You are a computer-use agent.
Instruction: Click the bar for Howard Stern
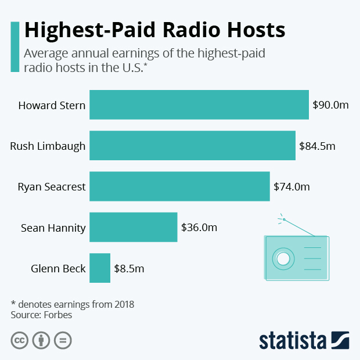(x=199, y=105)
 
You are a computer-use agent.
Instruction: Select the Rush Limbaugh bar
(x=192, y=146)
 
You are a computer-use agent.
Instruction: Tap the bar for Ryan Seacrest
(x=179, y=186)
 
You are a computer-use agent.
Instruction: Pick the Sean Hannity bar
(x=133, y=227)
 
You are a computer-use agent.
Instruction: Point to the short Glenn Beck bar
(x=100, y=268)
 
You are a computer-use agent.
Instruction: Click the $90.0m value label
(x=330, y=105)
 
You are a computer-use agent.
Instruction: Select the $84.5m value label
(x=317, y=146)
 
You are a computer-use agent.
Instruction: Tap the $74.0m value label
(x=291, y=187)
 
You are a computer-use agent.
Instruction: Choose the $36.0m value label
(x=199, y=228)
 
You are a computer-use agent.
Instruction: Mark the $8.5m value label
(x=129, y=268)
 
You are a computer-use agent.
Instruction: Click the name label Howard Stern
(x=52, y=106)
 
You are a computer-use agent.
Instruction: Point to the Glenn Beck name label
(x=58, y=268)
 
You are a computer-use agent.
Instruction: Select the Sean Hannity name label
(x=53, y=228)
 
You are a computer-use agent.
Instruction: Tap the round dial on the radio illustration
(x=283, y=258)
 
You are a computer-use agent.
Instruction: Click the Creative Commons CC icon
(x=20, y=340)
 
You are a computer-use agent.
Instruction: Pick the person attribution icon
(x=41, y=340)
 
